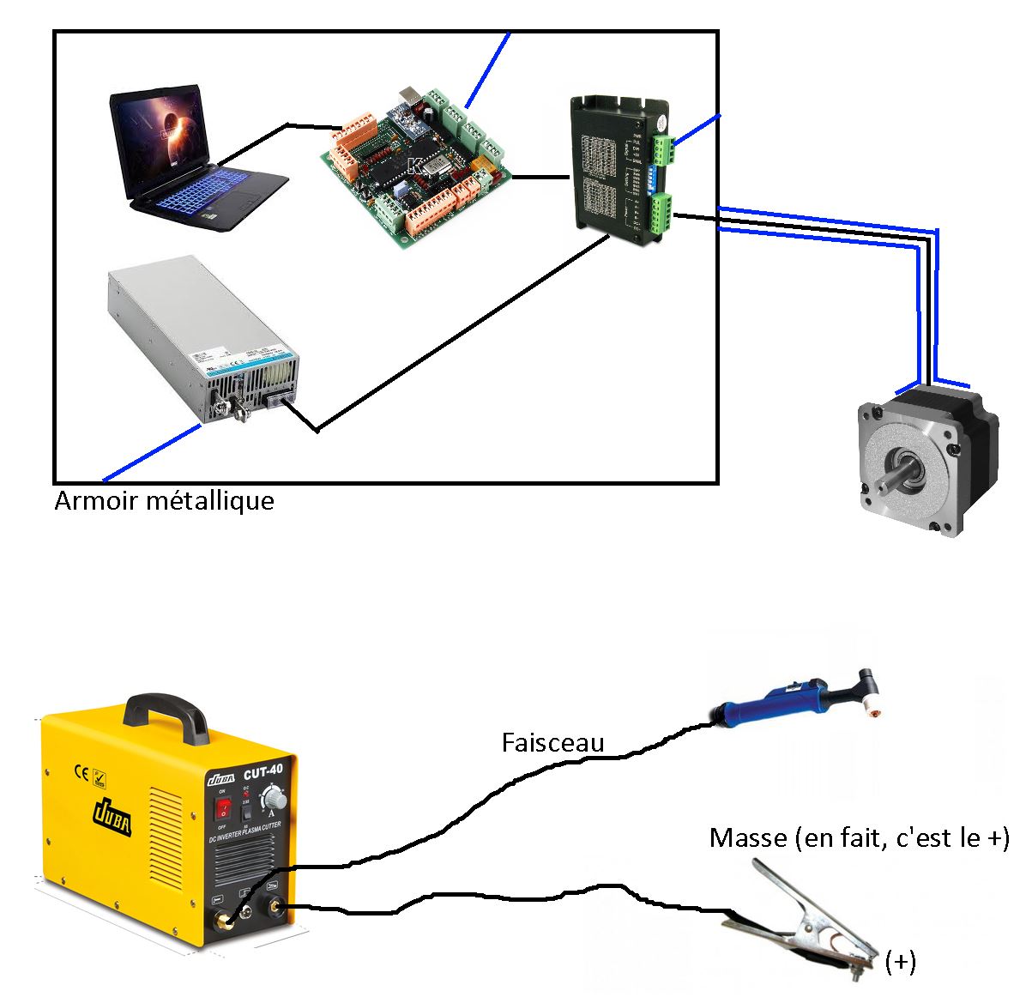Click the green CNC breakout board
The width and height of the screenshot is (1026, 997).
[x=417, y=166]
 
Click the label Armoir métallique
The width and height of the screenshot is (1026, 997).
[x=164, y=500]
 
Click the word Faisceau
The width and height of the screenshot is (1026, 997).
[x=552, y=742]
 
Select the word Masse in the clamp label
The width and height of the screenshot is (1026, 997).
[x=748, y=837]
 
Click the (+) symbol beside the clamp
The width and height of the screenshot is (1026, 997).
[x=900, y=963]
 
